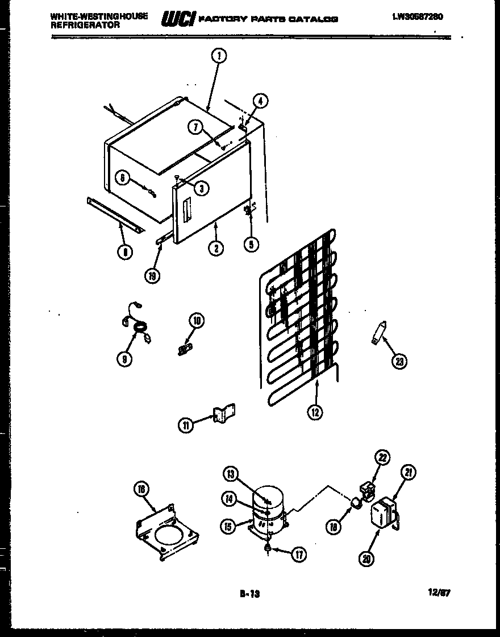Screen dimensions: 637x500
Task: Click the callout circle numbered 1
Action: [219, 55]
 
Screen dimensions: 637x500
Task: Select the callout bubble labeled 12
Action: [314, 413]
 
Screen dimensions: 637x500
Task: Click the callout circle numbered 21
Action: [409, 471]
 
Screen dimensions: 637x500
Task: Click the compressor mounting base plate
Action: [166, 532]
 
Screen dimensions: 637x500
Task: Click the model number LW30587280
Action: [417, 17]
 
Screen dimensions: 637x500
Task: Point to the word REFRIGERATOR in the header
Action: [85, 26]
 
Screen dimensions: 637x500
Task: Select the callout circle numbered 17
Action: [299, 555]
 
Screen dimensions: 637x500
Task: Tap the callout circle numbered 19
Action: [152, 276]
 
